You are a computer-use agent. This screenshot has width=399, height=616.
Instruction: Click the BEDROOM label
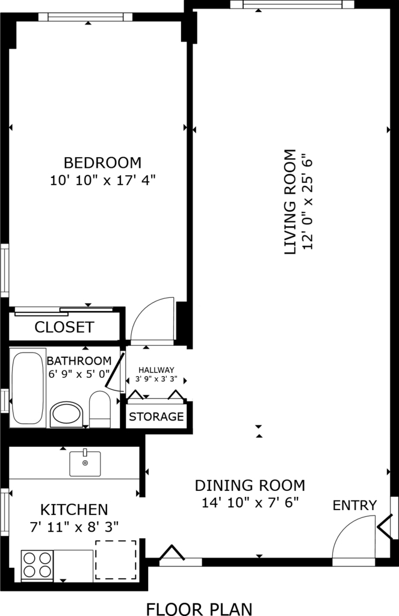102,162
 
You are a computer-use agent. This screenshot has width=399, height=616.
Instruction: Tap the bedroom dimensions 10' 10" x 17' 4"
103,180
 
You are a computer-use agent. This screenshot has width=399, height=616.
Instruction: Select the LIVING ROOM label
289,202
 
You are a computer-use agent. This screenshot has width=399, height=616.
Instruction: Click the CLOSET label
64,327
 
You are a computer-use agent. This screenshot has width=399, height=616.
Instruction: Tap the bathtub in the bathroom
27,388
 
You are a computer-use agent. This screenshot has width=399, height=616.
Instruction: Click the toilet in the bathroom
100,409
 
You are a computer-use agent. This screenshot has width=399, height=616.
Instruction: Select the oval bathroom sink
66,414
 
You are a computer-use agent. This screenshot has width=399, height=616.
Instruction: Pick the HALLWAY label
156,370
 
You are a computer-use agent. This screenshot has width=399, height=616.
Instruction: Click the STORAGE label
156,416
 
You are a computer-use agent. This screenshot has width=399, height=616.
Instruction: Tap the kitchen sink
85,463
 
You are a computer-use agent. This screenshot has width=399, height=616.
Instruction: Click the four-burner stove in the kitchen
37,565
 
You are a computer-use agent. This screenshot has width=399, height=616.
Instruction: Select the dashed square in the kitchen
116,560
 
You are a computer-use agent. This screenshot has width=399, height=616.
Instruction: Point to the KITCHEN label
74,510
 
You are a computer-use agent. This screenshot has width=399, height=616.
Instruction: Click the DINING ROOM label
250,485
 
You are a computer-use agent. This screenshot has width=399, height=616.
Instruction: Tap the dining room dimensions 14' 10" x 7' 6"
250,502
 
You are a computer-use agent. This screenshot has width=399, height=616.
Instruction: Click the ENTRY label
354,505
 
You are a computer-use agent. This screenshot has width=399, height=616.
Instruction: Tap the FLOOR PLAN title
199,609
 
